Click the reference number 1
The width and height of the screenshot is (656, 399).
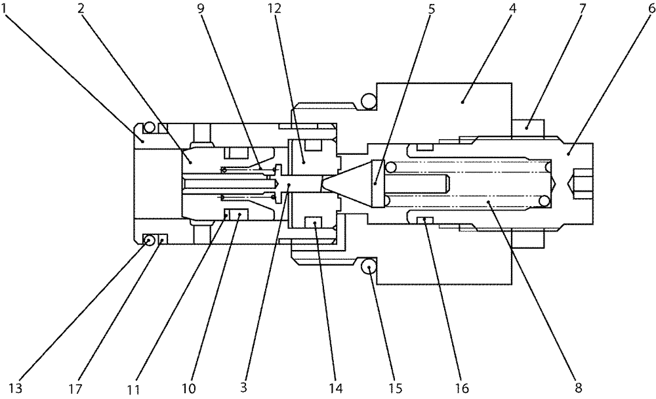point(9,10)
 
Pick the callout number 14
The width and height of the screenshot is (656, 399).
point(335,387)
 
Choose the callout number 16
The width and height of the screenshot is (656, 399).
point(462,387)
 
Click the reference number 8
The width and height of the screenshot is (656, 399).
point(577,387)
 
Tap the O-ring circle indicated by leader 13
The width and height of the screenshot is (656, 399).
point(150,240)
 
